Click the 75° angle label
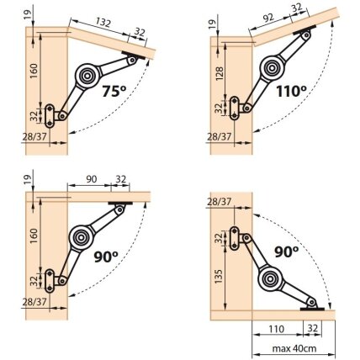pos(114,91)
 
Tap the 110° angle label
pos(291,91)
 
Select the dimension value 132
pos(103,22)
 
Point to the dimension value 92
pos(268,18)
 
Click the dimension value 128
pos(220,73)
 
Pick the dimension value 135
pos(220,276)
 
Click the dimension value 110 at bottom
pos(277,328)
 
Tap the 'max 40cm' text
pos(294,348)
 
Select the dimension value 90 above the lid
pos(92,179)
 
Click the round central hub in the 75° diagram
pos(87,76)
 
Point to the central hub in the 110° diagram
pos(272,67)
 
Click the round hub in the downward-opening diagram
pos(270,278)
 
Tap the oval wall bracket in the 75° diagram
pos(50,115)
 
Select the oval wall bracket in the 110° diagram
pos(234,108)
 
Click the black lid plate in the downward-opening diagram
pos(312,310)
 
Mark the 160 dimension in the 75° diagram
pos(34,71)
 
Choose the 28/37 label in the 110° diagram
pos(220,137)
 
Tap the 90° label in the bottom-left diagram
pos(106,257)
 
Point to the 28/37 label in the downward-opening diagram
pos(220,202)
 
